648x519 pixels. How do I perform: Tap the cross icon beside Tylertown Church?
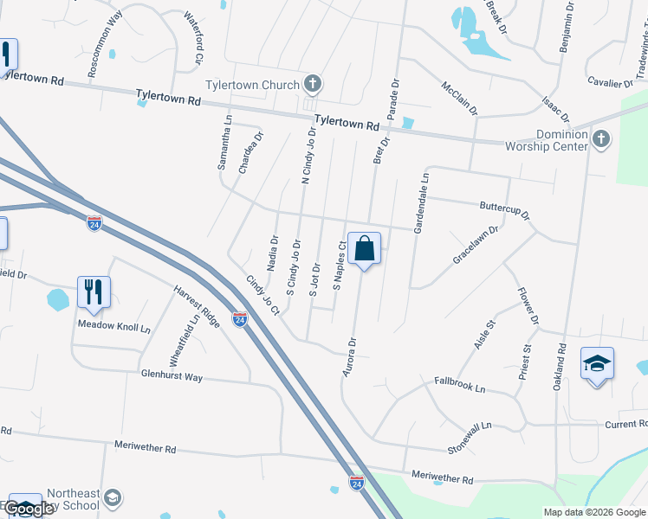click(313, 84)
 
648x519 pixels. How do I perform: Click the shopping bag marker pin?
click(364, 249)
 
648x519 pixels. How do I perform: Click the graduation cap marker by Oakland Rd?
click(597, 362)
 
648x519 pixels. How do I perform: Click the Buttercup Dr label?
click(504, 210)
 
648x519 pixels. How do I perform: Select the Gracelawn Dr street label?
click(476, 245)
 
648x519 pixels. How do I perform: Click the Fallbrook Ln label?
click(460, 384)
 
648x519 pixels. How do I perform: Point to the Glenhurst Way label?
click(172, 376)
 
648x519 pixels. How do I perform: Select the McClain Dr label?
click(459, 99)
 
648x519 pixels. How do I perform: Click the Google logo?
click(30, 508)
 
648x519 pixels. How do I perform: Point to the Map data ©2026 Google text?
click(593, 512)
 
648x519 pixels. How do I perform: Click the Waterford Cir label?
click(193, 39)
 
